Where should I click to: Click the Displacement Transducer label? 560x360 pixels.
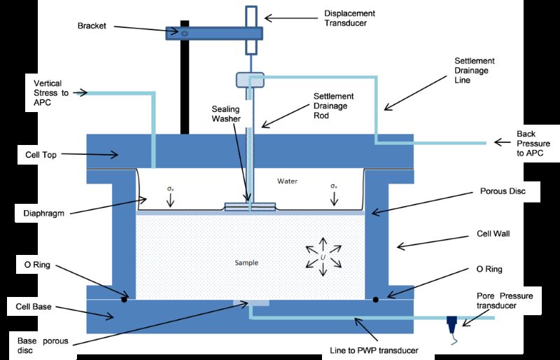click(349, 18)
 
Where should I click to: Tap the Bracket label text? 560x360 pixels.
click(92, 26)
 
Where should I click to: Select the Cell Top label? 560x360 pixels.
click(41, 155)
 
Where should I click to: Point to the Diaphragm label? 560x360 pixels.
click(43, 214)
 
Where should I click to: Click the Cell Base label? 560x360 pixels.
click(34, 307)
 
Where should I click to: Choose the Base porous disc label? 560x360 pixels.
click(43, 345)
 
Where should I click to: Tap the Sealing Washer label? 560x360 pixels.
click(225, 113)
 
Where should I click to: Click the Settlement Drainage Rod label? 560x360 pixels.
click(334, 106)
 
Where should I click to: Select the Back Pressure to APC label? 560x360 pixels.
click(533, 144)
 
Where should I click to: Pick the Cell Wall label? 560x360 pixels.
click(493, 234)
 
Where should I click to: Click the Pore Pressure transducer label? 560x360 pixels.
click(505, 300)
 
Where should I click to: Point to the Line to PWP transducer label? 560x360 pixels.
click(374, 350)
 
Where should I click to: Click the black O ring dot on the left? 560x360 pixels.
click(124, 299)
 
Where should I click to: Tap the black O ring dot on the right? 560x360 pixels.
click(375, 299)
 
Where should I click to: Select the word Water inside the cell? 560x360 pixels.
click(287, 181)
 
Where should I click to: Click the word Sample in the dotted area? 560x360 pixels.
click(246, 263)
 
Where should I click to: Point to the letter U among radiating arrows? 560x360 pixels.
click(323, 257)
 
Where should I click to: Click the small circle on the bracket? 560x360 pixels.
click(184, 34)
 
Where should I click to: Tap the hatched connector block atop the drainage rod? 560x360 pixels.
click(250, 80)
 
